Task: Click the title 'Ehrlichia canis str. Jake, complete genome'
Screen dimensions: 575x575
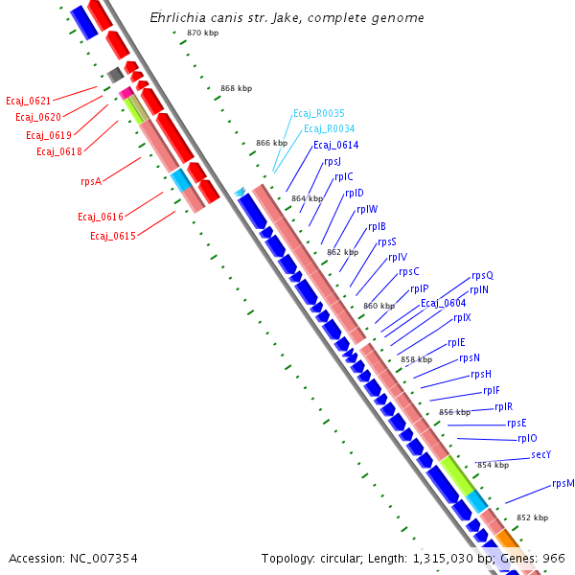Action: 287,18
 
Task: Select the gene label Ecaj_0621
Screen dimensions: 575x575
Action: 28,101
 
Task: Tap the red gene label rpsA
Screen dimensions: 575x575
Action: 91,180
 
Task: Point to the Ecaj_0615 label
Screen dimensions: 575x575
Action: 112,236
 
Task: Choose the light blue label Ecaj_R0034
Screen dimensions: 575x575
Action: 329,128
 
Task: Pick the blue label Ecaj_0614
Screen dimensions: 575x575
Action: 335,145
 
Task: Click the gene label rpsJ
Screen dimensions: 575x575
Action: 333,161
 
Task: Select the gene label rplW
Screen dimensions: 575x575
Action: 367,210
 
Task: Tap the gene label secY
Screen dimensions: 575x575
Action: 541,455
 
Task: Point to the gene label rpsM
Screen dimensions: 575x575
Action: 563,484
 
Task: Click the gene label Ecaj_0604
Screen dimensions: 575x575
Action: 444,304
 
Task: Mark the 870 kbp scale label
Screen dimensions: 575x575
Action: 202,34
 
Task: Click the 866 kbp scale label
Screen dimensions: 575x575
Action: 271,143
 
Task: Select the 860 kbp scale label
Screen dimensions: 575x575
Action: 379,306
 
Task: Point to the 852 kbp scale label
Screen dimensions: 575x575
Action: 532,517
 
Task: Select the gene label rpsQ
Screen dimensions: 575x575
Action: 482,276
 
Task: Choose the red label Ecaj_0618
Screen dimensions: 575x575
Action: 59,151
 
